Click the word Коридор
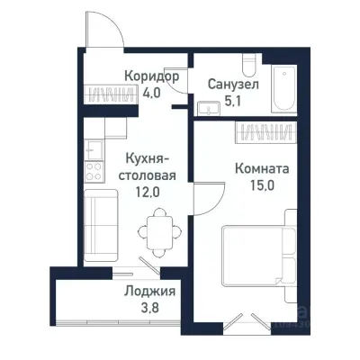(150, 76)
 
